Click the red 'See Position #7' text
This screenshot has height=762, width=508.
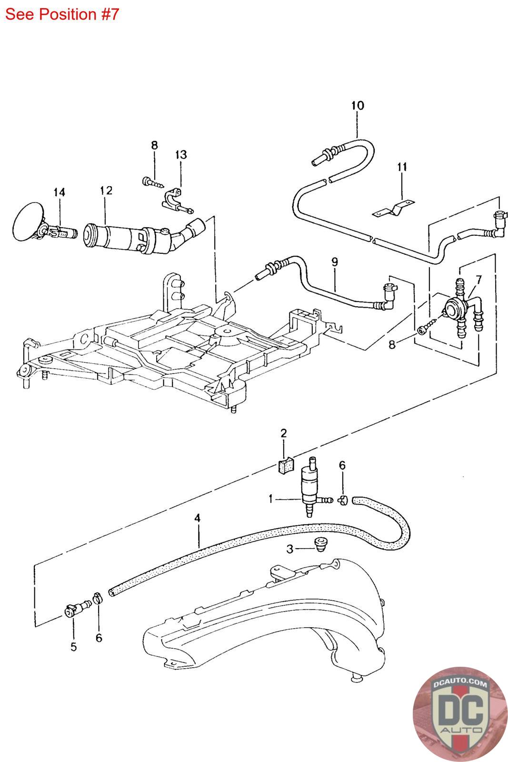(62, 14)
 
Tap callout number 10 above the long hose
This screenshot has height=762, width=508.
(358, 106)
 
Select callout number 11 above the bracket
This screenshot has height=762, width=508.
(402, 167)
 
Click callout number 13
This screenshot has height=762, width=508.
(181, 155)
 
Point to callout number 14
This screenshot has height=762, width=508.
(59, 192)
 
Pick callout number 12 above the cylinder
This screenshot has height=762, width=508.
(106, 190)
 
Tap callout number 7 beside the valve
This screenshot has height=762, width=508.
(479, 280)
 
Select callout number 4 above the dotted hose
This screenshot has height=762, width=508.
(197, 518)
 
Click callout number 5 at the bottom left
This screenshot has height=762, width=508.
(74, 647)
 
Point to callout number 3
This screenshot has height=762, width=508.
(289, 549)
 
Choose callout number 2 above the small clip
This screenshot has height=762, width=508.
(284, 433)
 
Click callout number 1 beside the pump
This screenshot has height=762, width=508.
(270, 500)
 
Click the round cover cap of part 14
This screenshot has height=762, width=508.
(28, 221)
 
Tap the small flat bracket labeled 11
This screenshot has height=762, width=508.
(393, 209)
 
